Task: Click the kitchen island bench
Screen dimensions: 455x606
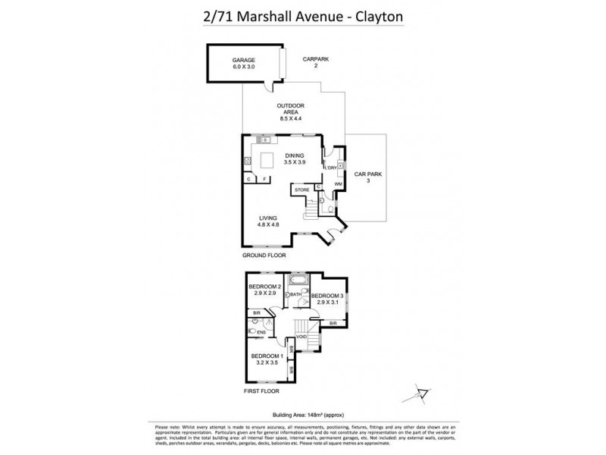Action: pyautogui.click(x=267, y=160)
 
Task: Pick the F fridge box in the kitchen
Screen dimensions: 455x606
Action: pyautogui.click(x=264, y=178)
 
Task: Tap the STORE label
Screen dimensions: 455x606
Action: pyautogui.click(x=302, y=189)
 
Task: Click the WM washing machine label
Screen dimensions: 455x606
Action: pyautogui.click(x=338, y=184)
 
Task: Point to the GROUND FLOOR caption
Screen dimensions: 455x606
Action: pyautogui.click(x=263, y=256)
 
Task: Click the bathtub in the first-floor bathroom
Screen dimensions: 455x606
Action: pyautogui.click(x=298, y=281)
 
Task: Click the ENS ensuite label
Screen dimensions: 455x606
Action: pyautogui.click(x=261, y=331)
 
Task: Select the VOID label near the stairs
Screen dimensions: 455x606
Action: pyautogui.click(x=301, y=335)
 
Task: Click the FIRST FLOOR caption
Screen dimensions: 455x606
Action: pyautogui.click(x=261, y=391)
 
